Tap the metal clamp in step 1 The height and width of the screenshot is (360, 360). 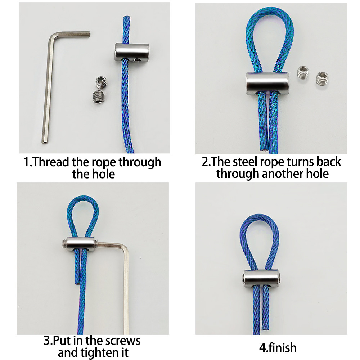132,53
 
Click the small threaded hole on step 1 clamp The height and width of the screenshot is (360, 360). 138,60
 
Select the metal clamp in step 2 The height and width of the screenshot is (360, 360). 267,83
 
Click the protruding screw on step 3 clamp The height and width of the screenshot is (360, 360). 65,244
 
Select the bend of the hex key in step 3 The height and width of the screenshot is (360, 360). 124,248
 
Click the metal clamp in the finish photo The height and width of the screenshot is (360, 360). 261,277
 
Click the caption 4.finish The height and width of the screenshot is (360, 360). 278,348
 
